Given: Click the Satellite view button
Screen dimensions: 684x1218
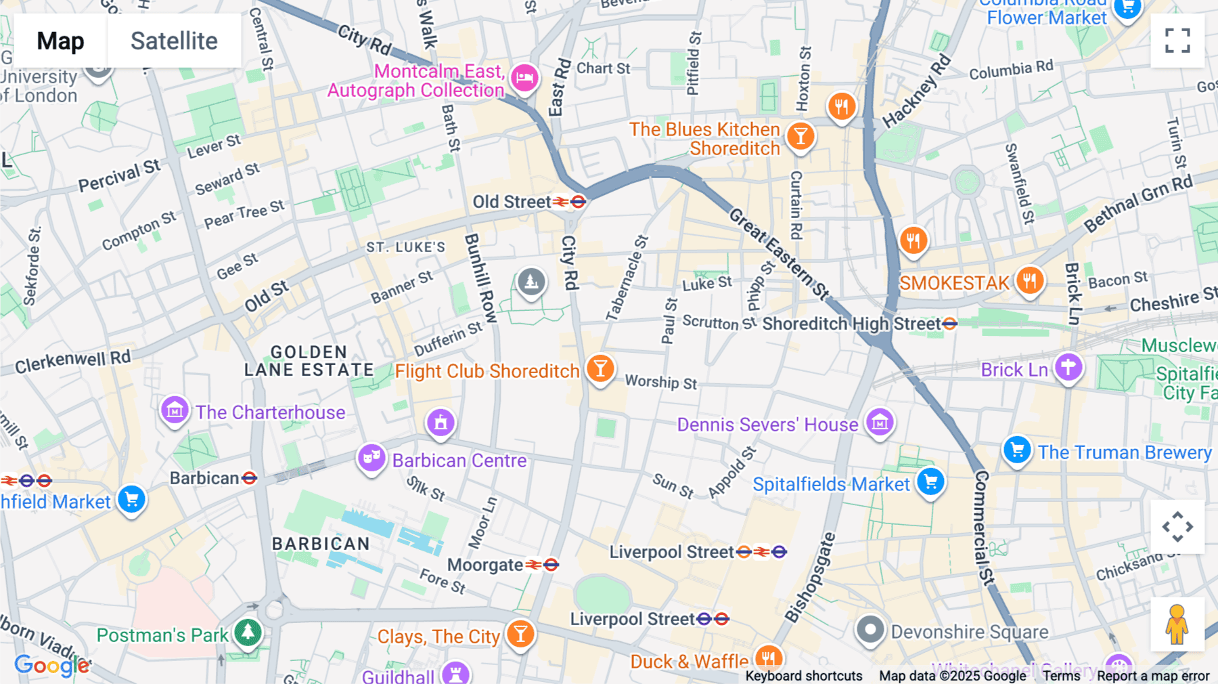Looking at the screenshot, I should [x=174, y=41].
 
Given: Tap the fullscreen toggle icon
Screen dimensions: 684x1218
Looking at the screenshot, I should [x=1177, y=41].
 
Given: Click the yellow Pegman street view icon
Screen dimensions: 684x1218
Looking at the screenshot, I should [x=1177, y=624].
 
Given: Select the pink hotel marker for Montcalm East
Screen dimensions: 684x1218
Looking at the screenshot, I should [x=524, y=78].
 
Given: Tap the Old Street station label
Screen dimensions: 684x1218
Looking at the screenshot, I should [x=512, y=202].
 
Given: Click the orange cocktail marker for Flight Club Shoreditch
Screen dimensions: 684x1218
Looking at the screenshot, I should [x=600, y=368].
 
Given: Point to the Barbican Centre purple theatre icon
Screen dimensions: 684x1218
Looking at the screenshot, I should [x=371, y=458].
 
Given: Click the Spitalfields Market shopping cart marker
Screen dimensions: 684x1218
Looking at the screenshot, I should [x=931, y=482].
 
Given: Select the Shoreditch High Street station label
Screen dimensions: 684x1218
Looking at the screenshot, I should [x=851, y=324].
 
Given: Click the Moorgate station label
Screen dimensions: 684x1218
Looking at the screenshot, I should [x=485, y=565].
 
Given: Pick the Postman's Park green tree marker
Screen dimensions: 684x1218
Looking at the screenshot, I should [x=248, y=633].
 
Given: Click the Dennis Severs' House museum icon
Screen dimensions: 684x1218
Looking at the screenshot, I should [x=880, y=423].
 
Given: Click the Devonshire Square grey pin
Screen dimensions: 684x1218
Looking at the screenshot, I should [x=870, y=630].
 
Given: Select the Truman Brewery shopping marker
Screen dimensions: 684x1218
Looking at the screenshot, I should [x=1016, y=450].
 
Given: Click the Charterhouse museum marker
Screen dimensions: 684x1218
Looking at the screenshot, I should [x=175, y=410].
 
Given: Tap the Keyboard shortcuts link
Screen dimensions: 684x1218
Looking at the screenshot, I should [x=803, y=675].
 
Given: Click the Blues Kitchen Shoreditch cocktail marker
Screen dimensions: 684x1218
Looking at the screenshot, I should [x=800, y=136].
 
